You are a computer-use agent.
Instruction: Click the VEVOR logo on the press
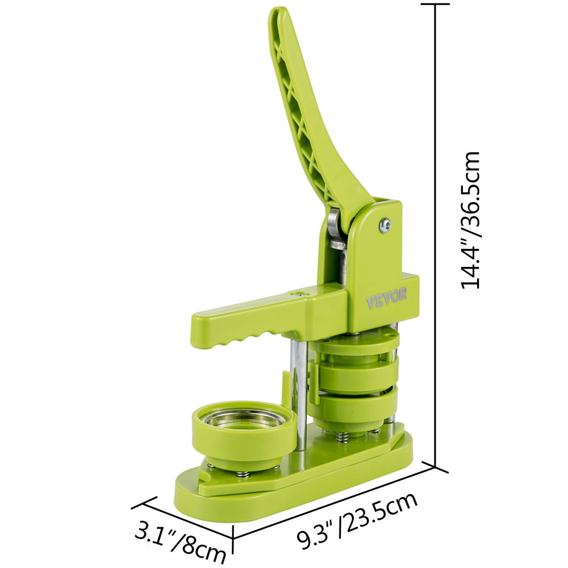click(x=386, y=298)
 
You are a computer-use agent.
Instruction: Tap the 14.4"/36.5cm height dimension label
click(x=470, y=220)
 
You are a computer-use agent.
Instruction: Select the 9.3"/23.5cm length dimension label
click(x=357, y=520)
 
